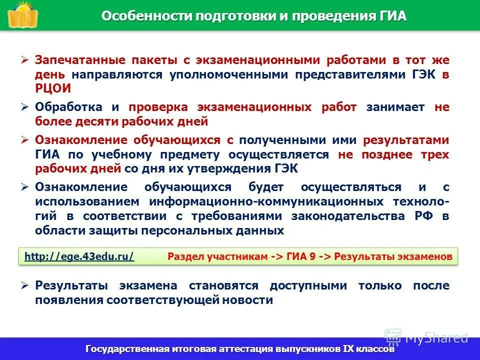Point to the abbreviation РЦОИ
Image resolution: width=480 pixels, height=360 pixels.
(53, 88)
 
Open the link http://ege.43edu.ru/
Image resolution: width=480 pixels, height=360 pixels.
(79, 256)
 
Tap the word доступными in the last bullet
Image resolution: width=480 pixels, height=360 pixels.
(309, 286)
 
